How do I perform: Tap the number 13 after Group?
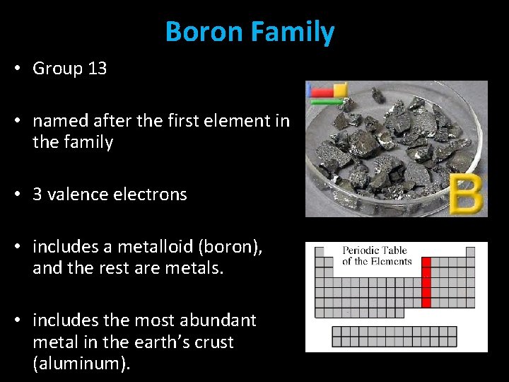tap(97, 69)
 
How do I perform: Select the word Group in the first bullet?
tap(58, 69)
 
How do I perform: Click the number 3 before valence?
tap(37, 195)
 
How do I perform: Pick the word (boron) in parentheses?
tap(230, 247)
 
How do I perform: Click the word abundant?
tap(222, 320)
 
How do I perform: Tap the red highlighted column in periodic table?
tap(426, 282)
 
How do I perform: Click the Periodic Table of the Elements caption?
tap(377, 256)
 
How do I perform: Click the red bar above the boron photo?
tap(322, 92)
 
